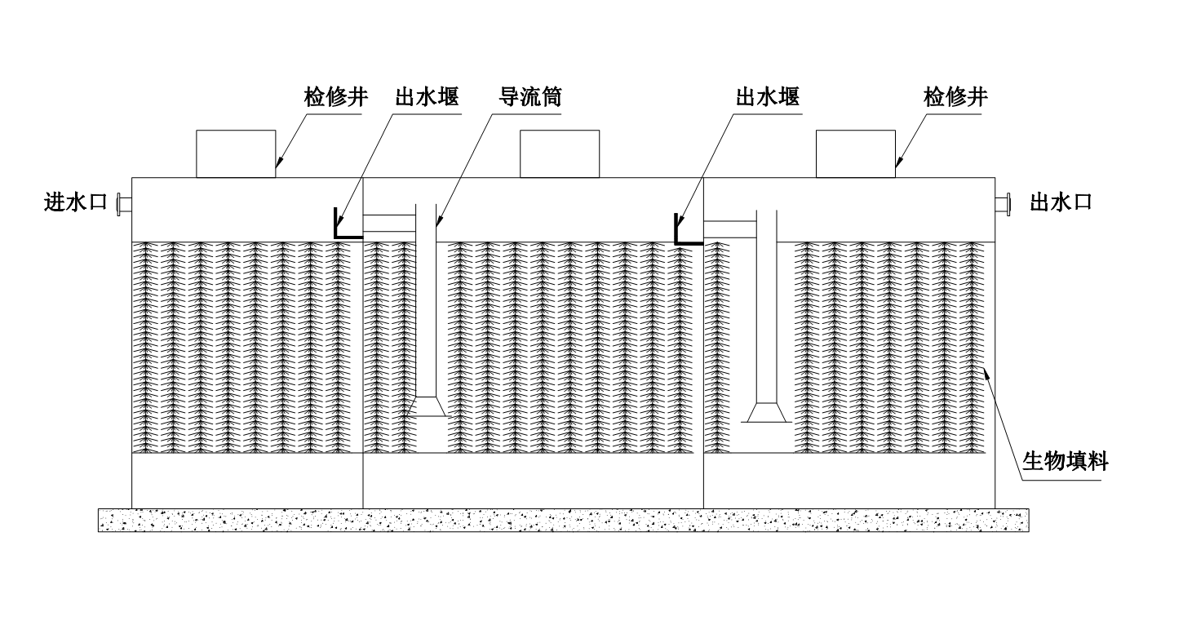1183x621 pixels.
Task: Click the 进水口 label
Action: pyautogui.click(x=75, y=202)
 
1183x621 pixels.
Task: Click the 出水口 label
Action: pyautogui.click(x=1061, y=202)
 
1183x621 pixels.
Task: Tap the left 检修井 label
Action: pyautogui.click(x=331, y=99)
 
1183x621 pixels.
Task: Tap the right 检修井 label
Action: pyautogui.click(x=955, y=99)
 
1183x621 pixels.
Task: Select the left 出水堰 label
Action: pyautogui.click(x=427, y=99)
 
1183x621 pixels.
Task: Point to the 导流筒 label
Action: pyautogui.click(x=530, y=99)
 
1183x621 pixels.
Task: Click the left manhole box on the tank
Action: pyautogui.click(x=235, y=153)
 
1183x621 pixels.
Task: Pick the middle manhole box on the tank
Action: pyautogui.click(x=560, y=153)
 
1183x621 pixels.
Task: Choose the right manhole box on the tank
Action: pyautogui.click(x=855, y=153)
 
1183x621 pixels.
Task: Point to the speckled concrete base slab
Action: pyautogui.click(x=563, y=520)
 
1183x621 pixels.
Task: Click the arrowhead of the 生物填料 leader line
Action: pyautogui.click(x=987, y=373)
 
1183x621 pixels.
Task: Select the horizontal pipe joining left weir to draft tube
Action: pyautogui.click(x=389, y=224)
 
